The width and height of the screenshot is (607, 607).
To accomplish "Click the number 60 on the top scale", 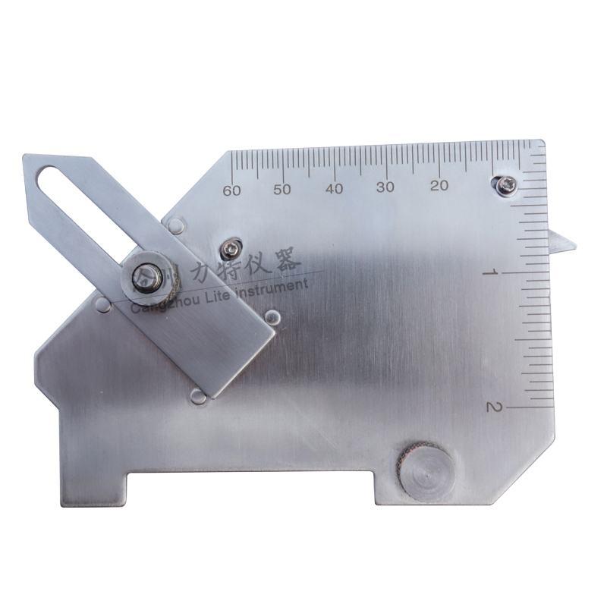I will (232, 190).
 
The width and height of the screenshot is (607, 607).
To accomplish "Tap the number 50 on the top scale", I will (283, 189).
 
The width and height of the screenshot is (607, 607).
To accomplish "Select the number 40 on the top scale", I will (335, 188).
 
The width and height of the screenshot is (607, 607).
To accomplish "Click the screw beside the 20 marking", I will (503, 184).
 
